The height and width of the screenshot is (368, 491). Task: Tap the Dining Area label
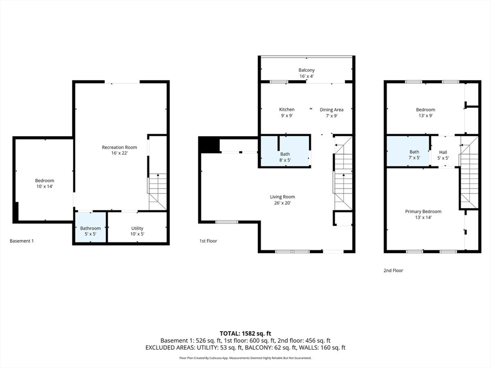click(x=331, y=110)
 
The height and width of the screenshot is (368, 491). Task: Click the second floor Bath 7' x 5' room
click(x=414, y=155)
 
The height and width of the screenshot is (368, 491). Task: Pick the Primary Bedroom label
click(x=423, y=211)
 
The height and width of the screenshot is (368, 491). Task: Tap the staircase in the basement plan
click(x=157, y=192)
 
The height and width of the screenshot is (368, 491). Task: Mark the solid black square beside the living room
click(x=208, y=145)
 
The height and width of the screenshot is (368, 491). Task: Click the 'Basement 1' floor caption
click(x=22, y=241)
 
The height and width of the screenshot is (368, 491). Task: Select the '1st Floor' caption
click(x=208, y=241)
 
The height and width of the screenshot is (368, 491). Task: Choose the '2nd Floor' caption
click(x=393, y=270)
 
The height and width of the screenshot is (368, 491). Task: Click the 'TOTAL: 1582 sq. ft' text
click(x=245, y=333)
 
